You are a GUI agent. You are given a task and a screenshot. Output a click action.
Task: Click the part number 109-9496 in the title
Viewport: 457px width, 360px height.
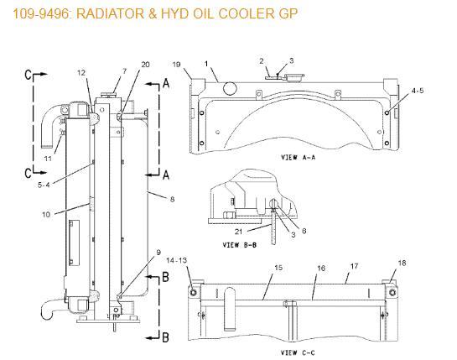point(40,14)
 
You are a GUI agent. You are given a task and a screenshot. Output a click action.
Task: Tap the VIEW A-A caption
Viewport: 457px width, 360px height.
point(299,158)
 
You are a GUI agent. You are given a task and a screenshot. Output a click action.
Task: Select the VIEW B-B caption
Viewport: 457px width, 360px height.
point(240,245)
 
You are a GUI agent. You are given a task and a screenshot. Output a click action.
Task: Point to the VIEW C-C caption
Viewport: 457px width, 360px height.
point(298,353)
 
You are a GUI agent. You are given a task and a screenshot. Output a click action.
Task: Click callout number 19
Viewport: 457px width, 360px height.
point(177,65)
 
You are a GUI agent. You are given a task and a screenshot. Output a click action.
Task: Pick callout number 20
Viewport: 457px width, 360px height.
point(145,65)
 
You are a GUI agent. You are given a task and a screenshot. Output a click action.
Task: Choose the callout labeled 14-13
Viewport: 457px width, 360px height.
point(176,260)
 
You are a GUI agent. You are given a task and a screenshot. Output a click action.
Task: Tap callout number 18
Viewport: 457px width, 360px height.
point(402,263)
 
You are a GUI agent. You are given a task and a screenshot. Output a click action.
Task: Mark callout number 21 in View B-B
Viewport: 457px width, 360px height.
point(238,232)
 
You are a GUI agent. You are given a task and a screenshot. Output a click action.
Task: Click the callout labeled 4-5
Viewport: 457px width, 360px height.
point(418,91)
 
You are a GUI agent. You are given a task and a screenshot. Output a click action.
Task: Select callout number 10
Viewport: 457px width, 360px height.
point(46,215)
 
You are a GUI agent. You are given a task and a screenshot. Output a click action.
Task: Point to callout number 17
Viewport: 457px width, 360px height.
point(354,266)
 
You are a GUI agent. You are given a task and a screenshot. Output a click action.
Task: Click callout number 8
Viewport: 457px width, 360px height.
point(172,199)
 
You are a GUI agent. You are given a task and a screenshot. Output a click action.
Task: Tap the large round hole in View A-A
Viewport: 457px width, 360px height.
point(230,88)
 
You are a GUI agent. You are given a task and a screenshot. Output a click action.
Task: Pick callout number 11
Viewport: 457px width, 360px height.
point(48,159)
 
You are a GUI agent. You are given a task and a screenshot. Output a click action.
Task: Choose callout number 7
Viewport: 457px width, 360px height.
point(125,70)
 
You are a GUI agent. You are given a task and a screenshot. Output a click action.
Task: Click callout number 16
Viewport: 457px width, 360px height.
point(321,268)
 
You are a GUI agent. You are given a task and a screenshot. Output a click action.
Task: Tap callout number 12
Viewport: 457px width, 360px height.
point(81,73)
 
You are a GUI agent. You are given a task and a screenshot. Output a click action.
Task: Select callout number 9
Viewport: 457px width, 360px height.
point(158,253)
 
